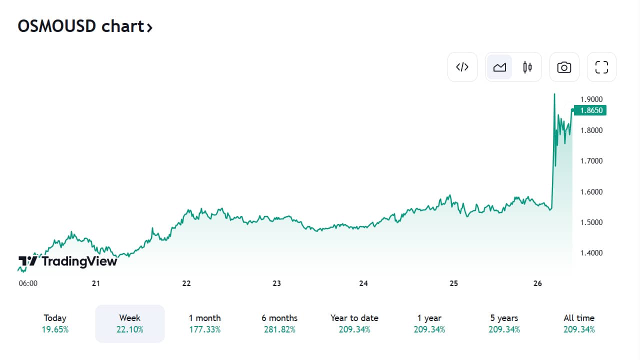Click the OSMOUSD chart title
point(85,26)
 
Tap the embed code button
point(462,67)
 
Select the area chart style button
point(499,67)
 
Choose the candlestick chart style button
point(527,67)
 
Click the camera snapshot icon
point(564,67)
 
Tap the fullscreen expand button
point(601,67)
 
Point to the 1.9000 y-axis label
point(591,99)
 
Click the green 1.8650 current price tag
point(590,110)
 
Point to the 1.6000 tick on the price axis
point(591,191)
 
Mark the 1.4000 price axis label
point(591,253)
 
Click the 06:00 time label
point(28,283)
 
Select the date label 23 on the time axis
point(276,283)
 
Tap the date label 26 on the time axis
point(537,283)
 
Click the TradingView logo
point(67,261)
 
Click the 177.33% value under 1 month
point(205,329)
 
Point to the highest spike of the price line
point(554,94)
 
